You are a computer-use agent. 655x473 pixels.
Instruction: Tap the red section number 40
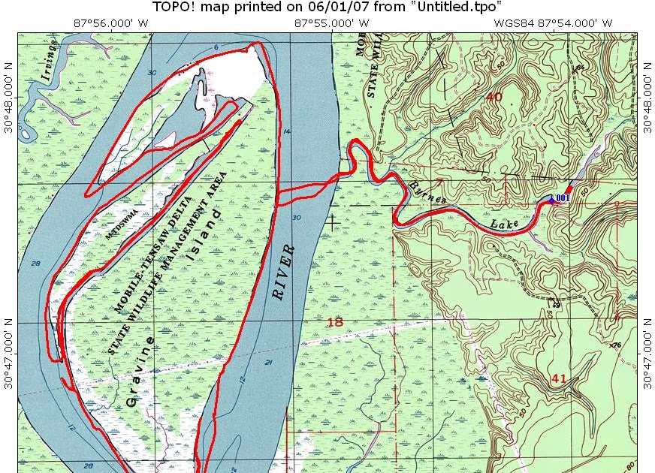click(494, 97)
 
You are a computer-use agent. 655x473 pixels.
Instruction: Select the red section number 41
click(558, 379)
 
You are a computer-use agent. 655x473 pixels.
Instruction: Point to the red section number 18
click(335, 322)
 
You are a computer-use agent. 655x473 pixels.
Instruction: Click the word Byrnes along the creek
click(428, 192)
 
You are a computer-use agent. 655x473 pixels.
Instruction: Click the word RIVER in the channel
click(283, 271)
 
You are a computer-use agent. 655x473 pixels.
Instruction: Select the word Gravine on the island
click(142, 372)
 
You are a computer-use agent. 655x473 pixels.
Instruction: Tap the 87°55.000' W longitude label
click(331, 23)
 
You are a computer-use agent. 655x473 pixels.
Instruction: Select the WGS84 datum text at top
click(511, 23)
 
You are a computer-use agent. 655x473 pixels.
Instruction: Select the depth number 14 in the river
click(287, 132)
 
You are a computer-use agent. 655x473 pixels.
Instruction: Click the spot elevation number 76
click(617, 345)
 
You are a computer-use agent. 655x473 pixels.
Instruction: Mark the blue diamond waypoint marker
click(551, 200)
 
